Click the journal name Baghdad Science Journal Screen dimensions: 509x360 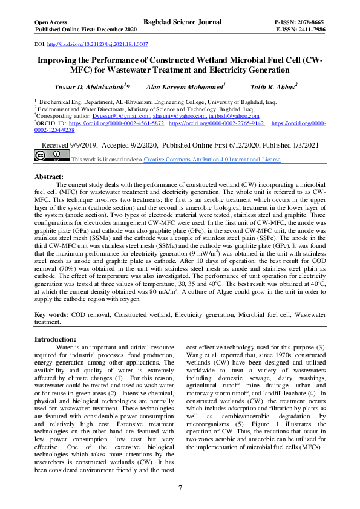182,22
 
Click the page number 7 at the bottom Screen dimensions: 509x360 180,488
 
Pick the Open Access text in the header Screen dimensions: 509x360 53,22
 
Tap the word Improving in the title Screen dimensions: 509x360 59,61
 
